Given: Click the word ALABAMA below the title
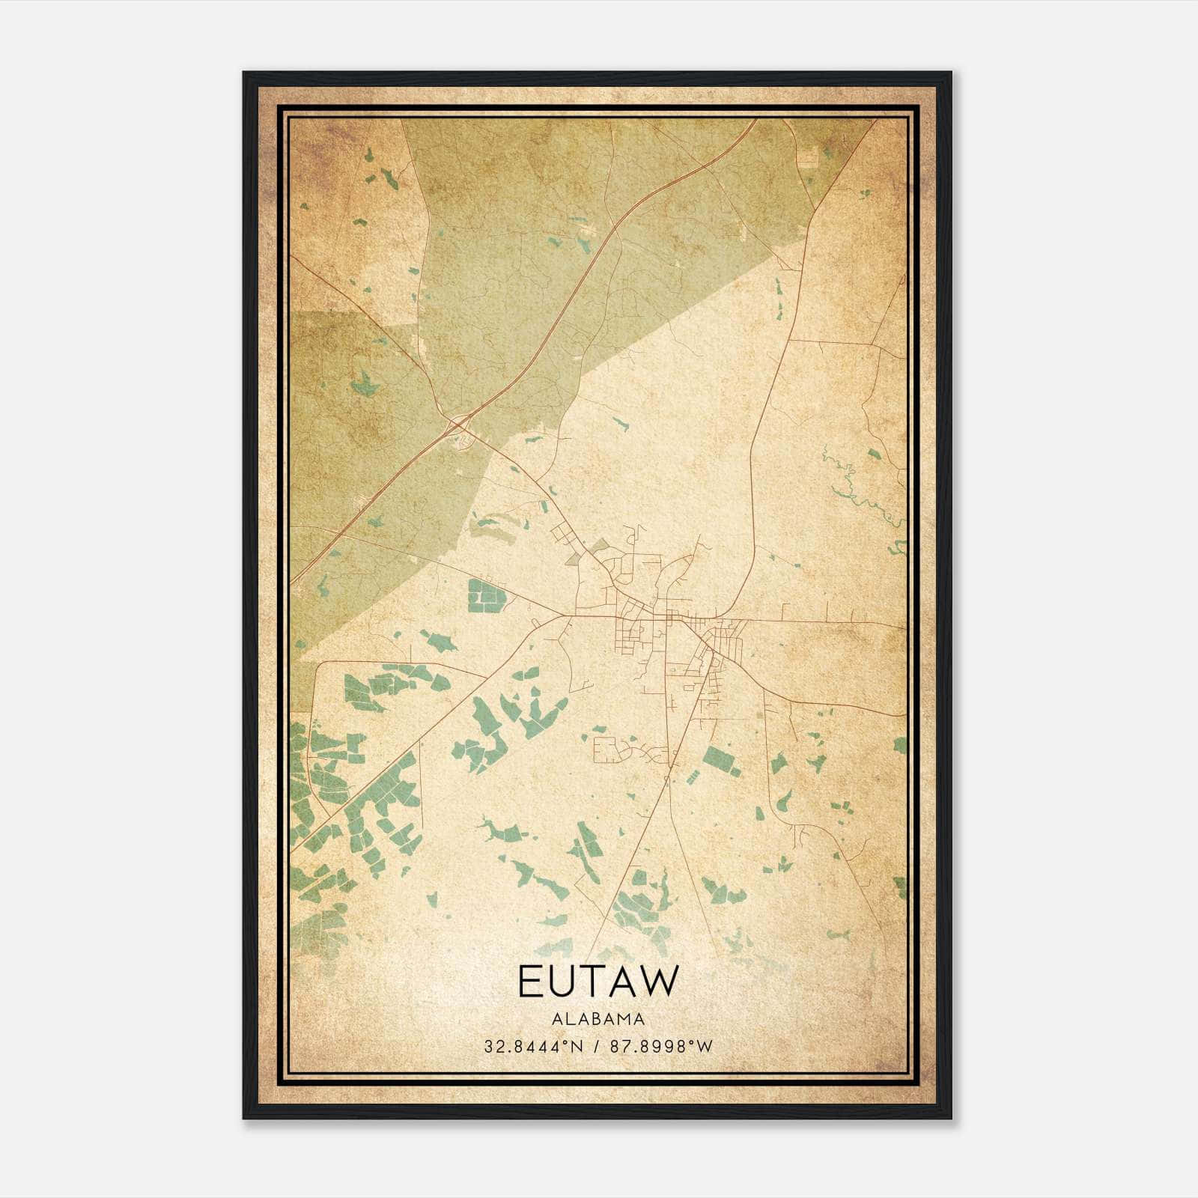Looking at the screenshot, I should coord(598,1019).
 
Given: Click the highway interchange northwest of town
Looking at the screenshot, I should coord(457,428).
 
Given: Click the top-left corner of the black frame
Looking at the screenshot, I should coord(244,73).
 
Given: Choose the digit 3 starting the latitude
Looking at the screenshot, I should coord(488,1046).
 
